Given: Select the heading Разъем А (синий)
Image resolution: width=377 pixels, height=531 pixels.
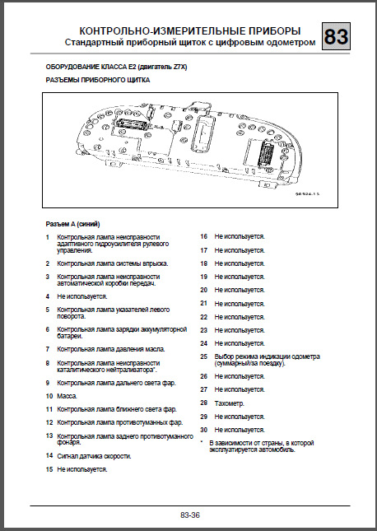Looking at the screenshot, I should [x=73, y=223].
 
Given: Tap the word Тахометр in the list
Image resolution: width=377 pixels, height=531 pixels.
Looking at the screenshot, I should [x=231, y=403].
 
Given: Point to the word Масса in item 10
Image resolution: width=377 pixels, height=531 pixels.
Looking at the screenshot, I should [x=67, y=396].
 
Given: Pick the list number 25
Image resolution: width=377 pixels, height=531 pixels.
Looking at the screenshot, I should [x=204, y=356].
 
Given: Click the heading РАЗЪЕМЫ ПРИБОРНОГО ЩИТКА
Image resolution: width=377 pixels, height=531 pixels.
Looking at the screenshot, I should [x=95, y=82].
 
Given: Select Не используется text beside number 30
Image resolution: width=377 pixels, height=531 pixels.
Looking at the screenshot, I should [x=240, y=430].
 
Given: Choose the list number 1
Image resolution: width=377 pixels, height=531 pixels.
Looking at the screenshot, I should [x=48, y=237].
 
